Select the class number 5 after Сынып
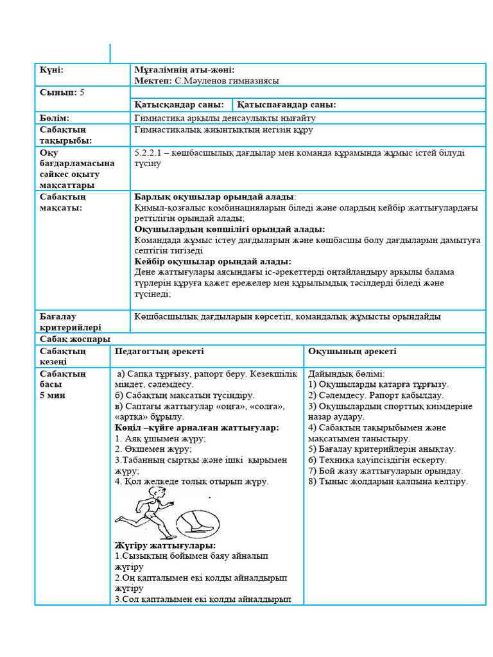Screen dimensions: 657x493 coord(82,92)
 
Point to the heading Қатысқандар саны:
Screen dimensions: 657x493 coord(179,105)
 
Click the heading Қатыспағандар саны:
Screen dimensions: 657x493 coord(286,105)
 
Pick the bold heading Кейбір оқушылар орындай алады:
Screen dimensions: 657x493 coord(212,262)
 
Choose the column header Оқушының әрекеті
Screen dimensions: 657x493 coord(352,352)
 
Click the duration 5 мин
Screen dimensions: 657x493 coord(53,395)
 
